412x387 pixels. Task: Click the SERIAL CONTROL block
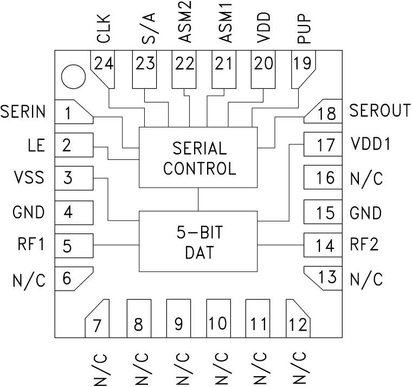pyautogui.click(x=199, y=158)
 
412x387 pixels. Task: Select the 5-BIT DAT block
pyautogui.click(x=199, y=241)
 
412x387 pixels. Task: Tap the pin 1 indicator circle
pyautogui.click(x=73, y=76)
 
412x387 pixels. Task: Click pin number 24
pyautogui.click(x=103, y=64)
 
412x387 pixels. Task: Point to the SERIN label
pyautogui.click(x=23, y=112)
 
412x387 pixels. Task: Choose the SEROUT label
pyautogui.click(x=379, y=111)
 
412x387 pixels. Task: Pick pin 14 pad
pyautogui.click(x=323, y=246)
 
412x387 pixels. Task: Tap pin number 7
pyautogui.click(x=98, y=325)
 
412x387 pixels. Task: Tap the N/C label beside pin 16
pyautogui.click(x=366, y=178)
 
